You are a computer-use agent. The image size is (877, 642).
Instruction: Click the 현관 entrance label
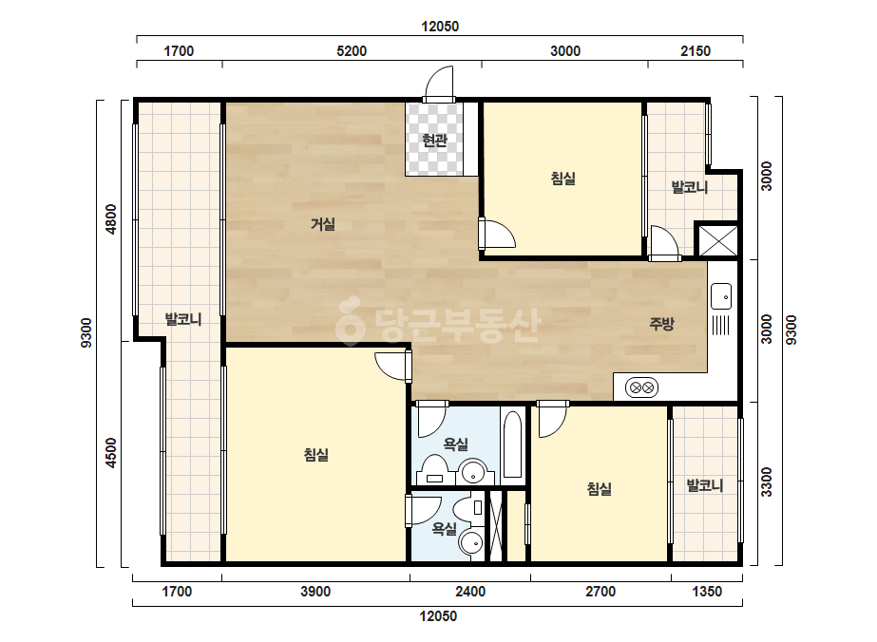[434, 140]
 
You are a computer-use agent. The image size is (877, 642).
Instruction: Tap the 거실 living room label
[323, 224]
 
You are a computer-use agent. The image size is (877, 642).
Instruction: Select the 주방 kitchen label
[661, 323]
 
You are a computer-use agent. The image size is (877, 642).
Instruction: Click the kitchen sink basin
[721, 296]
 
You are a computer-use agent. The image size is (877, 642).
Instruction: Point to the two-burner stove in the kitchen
[641, 387]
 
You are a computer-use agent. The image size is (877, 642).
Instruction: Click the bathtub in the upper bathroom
[512, 444]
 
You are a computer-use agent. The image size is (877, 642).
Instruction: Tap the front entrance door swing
[439, 84]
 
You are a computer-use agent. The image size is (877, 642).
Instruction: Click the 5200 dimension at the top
[352, 51]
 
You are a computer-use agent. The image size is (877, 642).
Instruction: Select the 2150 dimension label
[696, 51]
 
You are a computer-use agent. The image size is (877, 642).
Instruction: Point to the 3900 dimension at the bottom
[315, 591]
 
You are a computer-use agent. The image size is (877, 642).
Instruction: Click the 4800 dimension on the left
[111, 219]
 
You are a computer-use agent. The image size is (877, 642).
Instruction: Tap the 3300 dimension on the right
[766, 481]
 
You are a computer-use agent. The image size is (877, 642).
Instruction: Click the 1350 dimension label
[707, 591]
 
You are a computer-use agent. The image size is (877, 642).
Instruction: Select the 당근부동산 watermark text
[439, 326]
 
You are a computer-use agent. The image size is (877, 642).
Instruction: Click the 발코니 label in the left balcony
[182, 319]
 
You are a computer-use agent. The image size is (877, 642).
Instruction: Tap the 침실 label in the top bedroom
[563, 179]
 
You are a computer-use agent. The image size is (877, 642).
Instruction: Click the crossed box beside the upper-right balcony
[716, 240]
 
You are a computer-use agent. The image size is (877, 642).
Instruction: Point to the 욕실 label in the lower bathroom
[445, 528]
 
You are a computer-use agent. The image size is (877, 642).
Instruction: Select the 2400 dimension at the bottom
[470, 591]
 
